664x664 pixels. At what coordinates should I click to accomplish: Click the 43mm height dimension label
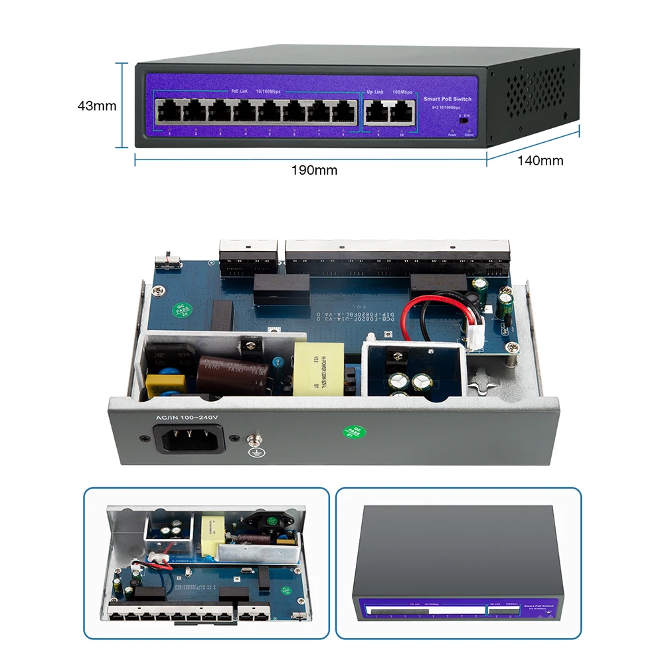point(97,106)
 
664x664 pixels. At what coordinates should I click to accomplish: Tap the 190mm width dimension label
point(314,170)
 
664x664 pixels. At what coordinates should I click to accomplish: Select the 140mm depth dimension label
point(540,160)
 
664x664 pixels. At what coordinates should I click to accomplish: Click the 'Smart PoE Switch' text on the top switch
point(448,99)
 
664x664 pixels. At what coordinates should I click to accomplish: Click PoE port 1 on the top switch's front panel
point(169,112)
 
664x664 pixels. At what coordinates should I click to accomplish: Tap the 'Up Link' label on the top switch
point(376,91)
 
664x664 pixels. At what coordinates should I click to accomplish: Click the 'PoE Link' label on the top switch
point(239,91)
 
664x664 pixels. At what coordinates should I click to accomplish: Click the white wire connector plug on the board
point(473,339)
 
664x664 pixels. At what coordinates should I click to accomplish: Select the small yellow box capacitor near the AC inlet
point(157,384)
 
